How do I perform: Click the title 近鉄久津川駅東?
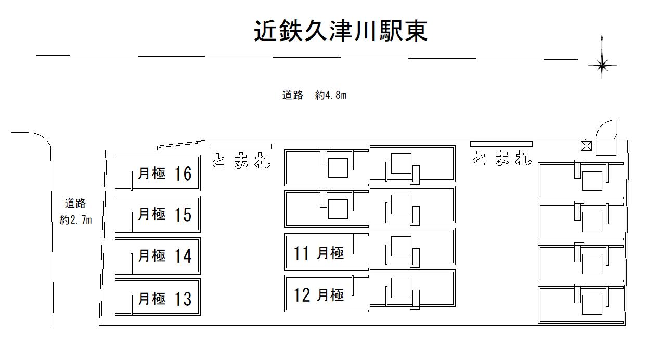pyautogui.click(x=341, y=31)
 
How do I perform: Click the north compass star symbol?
pyautogui.click(x=602, y=65)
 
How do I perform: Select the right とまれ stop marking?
pyautogui.click(x=502, y=159)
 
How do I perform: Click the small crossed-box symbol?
pyautogui.click(x=586, y=146)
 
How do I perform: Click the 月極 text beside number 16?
pyautogui.click(x=152, y=173)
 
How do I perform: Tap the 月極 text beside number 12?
pyautogui.click(x=331, y=295)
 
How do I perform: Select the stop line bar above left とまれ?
pyautogui.click(x=240, y=146)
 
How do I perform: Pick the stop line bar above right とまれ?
pyautogui.click(x=501, y=144)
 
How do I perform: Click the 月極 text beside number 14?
pyautogui.click(x=152, y=256)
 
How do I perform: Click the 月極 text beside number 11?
pyautogui.click(x=331, y=253)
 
